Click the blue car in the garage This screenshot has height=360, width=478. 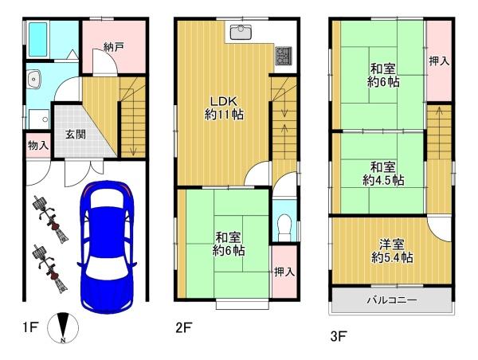tap(107, 247)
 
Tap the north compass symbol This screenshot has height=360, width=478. tap(63, 328)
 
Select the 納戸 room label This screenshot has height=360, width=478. tap(113, 47)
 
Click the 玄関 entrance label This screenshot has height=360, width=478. tap(76, 135)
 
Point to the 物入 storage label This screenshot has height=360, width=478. tap(38, 146)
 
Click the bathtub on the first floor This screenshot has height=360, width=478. tap(38, 40)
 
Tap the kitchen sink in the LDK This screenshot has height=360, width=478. tap(241, 33)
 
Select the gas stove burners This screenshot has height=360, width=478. tap(284, 56)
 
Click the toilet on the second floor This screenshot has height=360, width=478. tap(284, 228)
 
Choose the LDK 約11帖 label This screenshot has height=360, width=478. tap(224, 108)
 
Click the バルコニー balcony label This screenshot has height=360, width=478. tap(392, 300)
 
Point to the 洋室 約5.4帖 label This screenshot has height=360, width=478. tap(392, 252)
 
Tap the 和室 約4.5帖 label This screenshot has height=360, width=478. tap(383, 174)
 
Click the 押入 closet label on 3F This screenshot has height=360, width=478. tap(439, 61)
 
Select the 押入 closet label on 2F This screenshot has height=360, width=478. tap(284, 272)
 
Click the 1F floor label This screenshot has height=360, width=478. tap(30, 327)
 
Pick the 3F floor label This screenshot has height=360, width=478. tap(339, 336)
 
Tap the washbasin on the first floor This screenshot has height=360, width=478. tap(33, 80)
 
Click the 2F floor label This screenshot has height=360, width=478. tap(184, 327)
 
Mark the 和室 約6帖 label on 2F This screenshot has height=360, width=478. tap(229, 244)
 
